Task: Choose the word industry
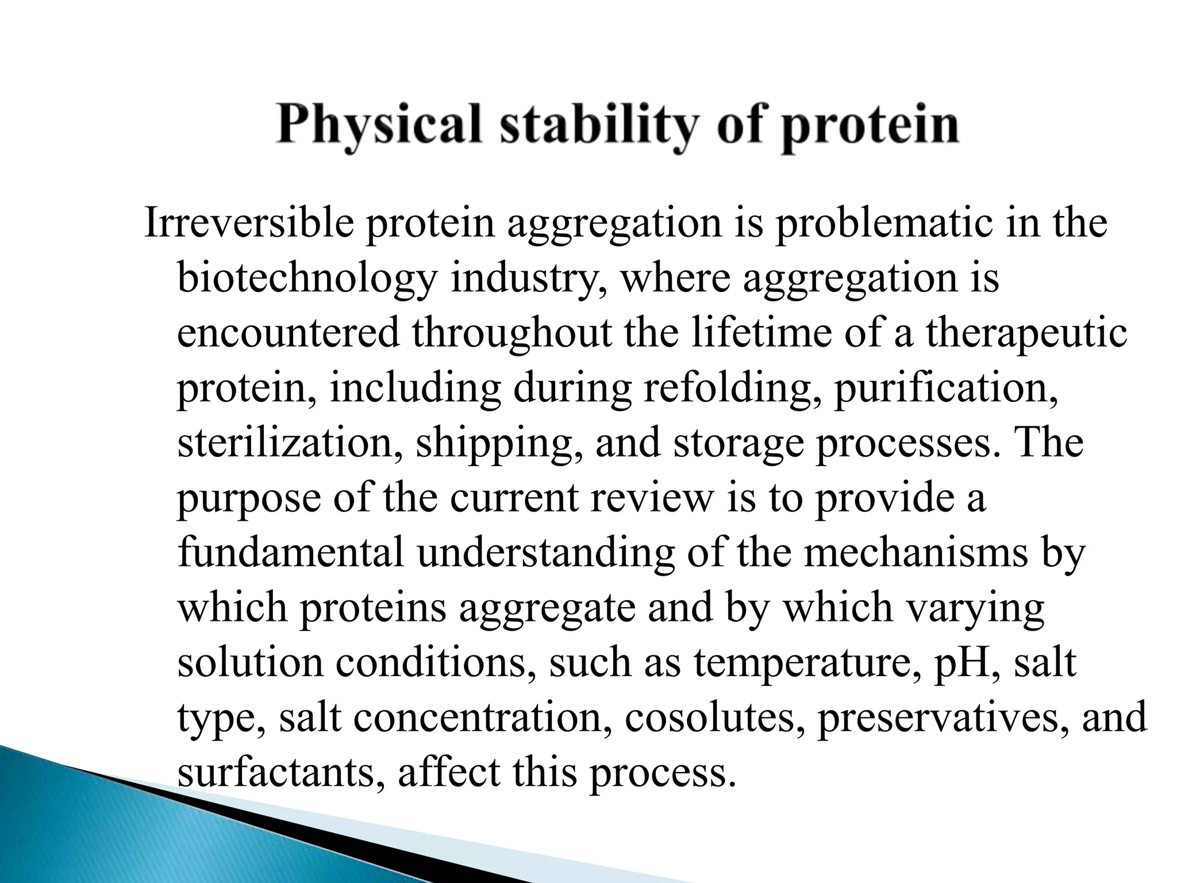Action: click(x=529, y=278)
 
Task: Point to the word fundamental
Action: click(x=291, y=552)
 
